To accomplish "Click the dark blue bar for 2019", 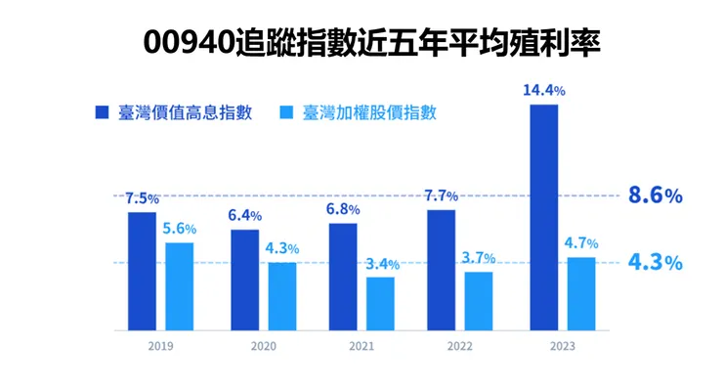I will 142,271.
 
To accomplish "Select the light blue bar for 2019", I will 179,285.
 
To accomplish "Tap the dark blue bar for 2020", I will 244,280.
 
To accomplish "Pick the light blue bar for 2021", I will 381,303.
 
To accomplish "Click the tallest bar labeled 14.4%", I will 544,217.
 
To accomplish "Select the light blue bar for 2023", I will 581,293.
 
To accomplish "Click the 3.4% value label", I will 381,264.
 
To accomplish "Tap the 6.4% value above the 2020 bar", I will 245,216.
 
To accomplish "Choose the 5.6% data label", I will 180,229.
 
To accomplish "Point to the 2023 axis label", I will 563,347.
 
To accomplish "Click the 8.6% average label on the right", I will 655,195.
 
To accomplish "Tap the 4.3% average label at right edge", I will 655,263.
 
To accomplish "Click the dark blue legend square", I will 102,112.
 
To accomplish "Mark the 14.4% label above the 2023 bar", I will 544,90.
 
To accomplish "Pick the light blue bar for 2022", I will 479,300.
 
